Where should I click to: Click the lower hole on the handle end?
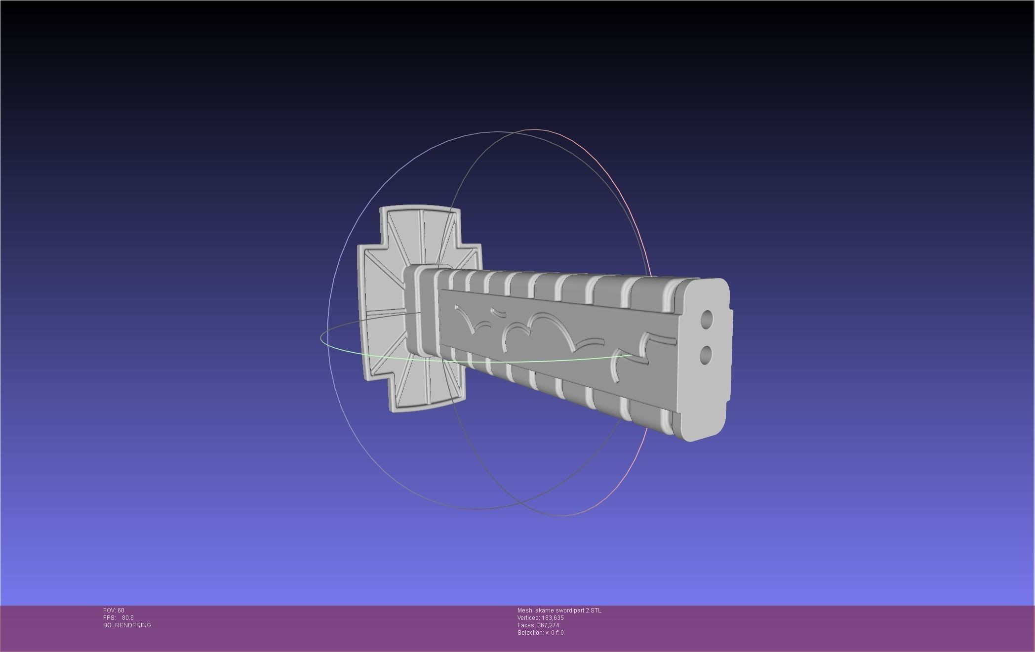[706, 356]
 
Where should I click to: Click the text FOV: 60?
[114, 611]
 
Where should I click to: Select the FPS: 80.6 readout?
[119, 618]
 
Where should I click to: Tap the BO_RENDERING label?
[127, 625]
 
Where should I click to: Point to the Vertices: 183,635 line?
[540, 618]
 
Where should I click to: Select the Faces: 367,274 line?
[538, 625]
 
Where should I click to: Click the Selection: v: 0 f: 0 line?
[540, 633]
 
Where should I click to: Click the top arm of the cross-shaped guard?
[420, 232]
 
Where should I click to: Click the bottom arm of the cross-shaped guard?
[425, 390]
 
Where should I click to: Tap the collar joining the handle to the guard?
[420, 309]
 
